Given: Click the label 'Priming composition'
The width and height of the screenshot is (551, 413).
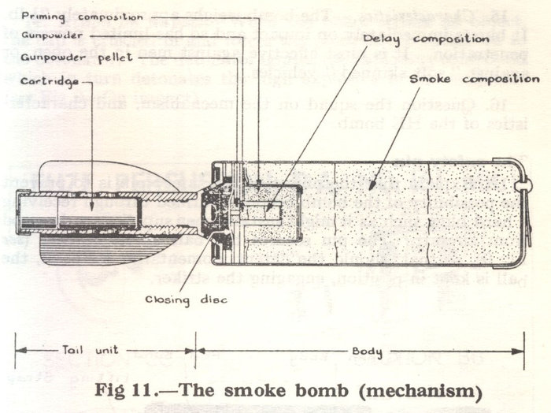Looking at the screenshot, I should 72,15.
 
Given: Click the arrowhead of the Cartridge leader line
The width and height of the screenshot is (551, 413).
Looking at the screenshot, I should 91,209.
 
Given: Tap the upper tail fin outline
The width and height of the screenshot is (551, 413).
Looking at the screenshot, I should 118,167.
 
